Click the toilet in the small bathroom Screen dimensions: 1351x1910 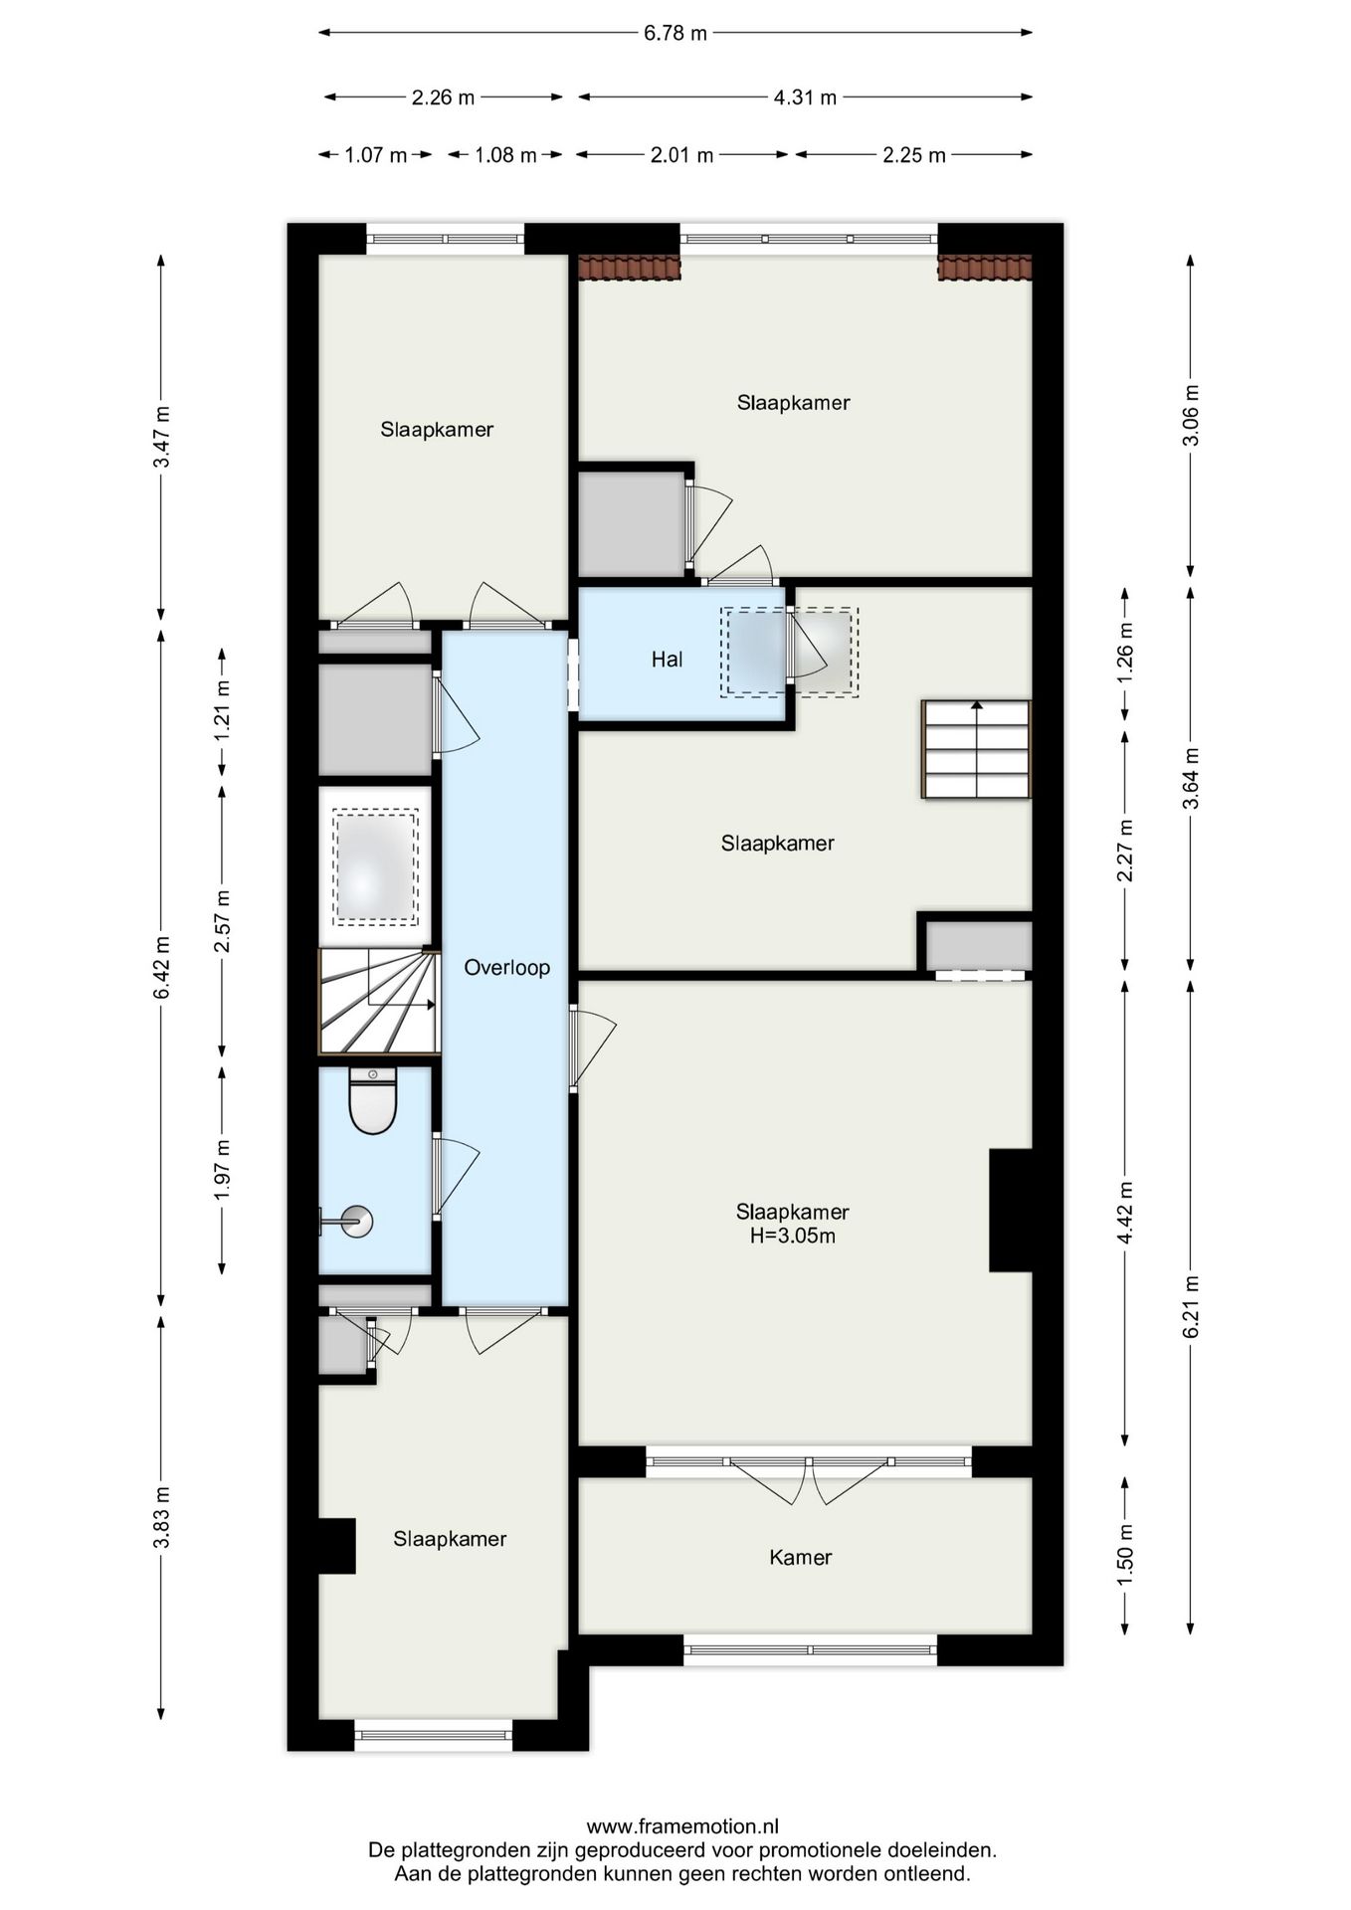tap(373, 1101)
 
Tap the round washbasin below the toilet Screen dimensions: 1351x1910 tap(355, 1221)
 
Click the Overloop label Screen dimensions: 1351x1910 tap(506, 967)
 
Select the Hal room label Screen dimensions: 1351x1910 tap(667, 659)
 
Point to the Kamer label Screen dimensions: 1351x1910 tap(800, 1557)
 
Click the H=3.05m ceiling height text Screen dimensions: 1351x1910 tap(792, 1237)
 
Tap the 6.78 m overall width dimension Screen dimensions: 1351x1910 tap(675, 33)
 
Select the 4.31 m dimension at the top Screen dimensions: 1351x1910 tap(805, 97)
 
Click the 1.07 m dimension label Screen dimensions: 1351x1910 tap(375, 155)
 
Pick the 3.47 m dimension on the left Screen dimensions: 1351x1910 tap(162, 437)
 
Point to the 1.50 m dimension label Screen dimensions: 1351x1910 tap(1125, 1555)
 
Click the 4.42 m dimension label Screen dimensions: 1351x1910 tap(1125, 1212)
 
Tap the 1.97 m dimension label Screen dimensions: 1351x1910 tap(222, 1169)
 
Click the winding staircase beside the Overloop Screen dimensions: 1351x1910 tap(378, 1001)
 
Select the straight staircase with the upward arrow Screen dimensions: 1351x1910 tap(976, 749)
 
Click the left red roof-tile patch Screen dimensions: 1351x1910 tap(629, 267)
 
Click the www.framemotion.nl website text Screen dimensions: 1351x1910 tap(682, 1825)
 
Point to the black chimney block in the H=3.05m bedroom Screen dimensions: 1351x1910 tap(1011, 1210)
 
